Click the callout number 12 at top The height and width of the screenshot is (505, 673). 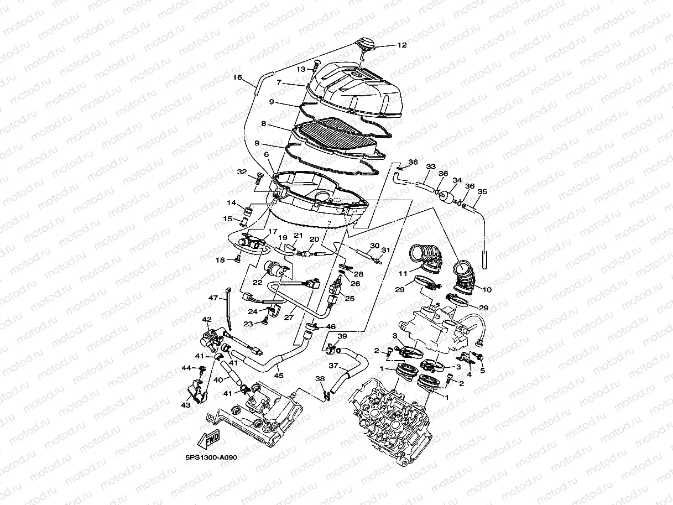[402, 45]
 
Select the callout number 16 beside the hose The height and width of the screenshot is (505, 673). [238, 77]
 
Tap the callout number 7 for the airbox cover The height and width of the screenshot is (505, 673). [280, 82]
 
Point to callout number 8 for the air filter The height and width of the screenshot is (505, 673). [264, 124]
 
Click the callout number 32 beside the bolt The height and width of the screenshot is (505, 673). [242, 172]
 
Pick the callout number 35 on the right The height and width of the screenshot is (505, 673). [482, 192]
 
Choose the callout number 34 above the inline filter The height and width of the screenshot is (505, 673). [457, 180]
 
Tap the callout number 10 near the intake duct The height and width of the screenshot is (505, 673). [487, 289]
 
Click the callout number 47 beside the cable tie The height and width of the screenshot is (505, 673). [213, 298]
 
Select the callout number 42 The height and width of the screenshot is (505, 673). [207, 320]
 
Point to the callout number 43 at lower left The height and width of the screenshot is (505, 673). [186, 405]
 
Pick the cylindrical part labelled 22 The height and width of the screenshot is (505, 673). [274, 270]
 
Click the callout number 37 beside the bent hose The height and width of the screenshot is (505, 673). [333, 366]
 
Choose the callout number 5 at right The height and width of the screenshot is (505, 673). [482, 370]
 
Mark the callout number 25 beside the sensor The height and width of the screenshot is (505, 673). [349, 299]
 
